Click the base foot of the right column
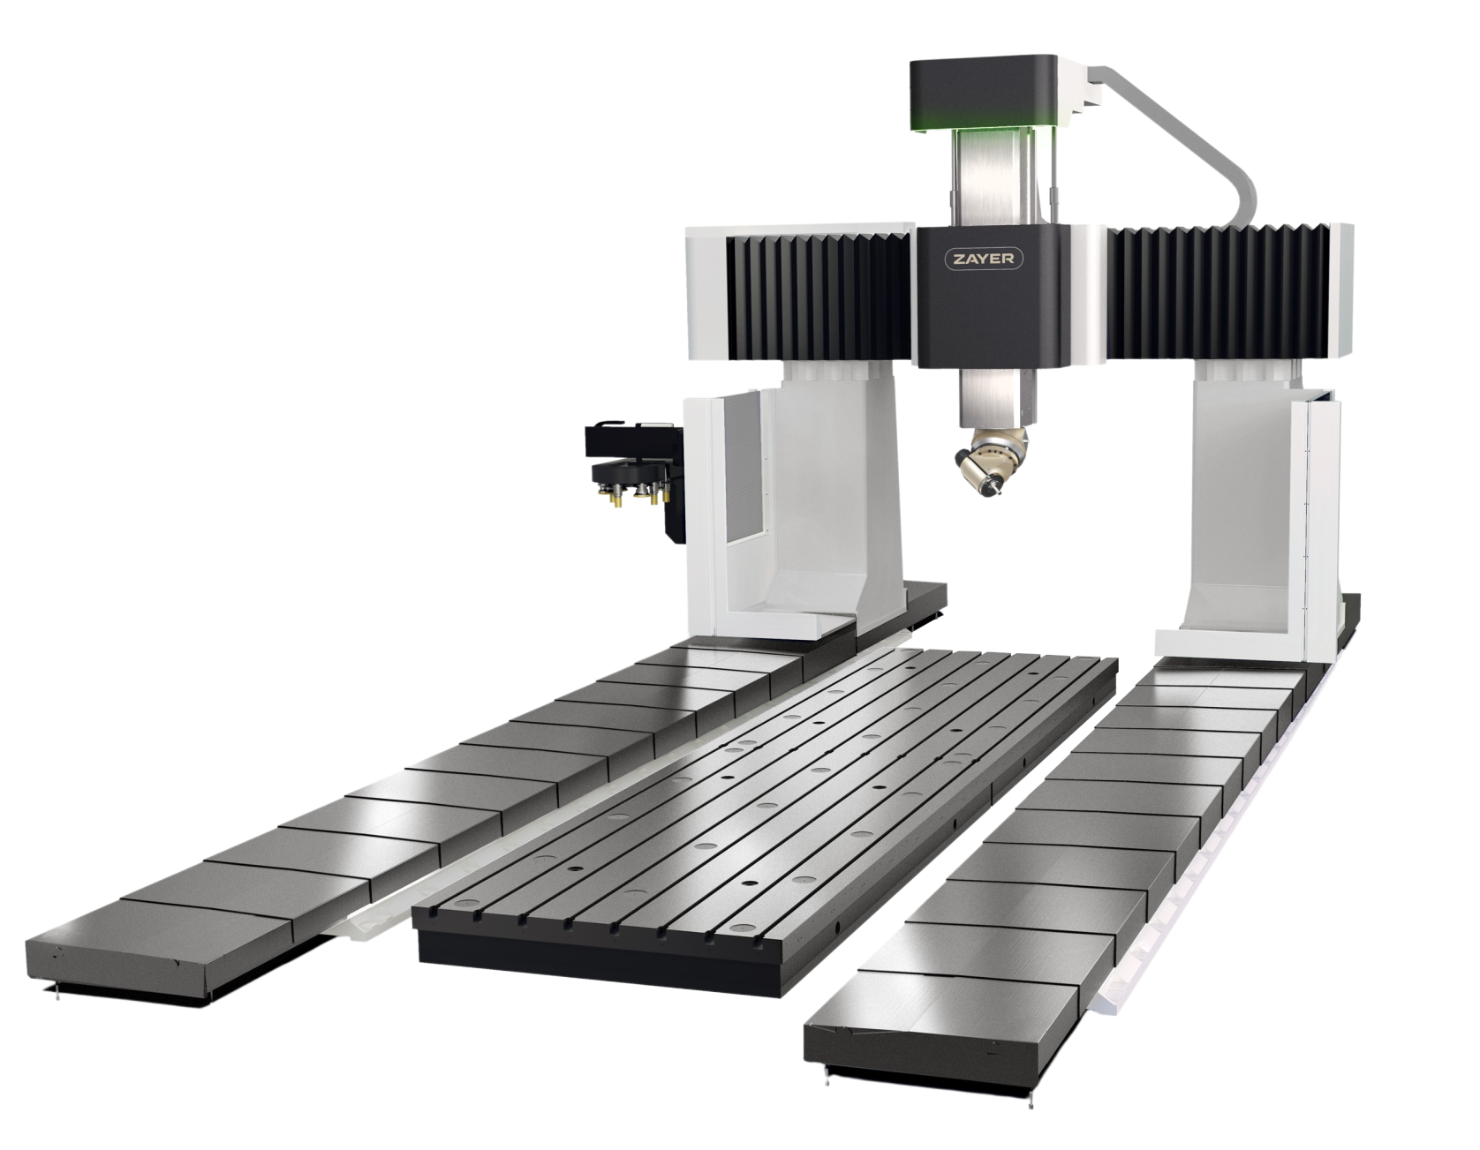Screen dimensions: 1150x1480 click(1236, 640)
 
